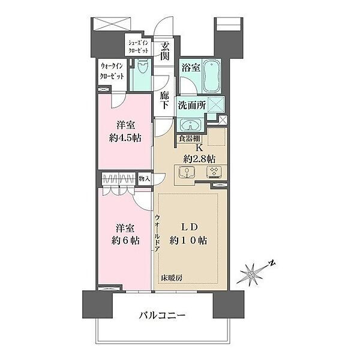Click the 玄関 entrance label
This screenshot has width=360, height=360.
click(x=165, y=51)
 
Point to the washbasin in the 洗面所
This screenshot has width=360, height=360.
click(x=190, y=125)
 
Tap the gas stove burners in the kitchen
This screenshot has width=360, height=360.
click(x=214, y=172)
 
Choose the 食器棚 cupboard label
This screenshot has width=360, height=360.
click(x=190, y=139)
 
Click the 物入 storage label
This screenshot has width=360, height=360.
click(x=145, y=178)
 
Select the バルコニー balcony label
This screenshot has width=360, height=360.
click(x=162, y=315)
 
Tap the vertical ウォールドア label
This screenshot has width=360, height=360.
click(x=157, y=233)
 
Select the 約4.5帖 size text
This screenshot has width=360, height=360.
click(x=125, y=138)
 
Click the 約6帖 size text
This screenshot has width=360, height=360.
click(x=125, y=241)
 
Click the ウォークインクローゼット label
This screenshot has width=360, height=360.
click(x=112, y=71)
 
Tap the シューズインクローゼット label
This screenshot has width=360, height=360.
click(x=138, y=47)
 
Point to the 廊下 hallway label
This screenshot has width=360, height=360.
click(x=164, y=100)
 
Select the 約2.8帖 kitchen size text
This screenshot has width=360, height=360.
click(x=199, y=158)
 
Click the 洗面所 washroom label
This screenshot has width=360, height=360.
click(x=192, y=106)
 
